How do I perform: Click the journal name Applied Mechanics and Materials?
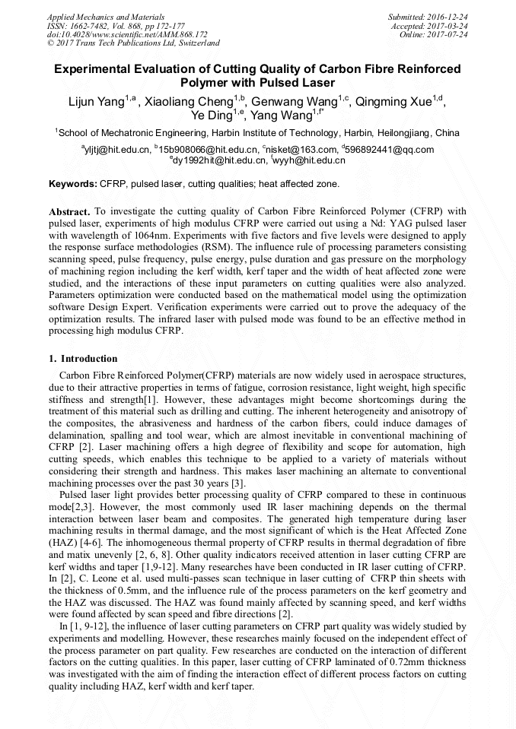[97, 16]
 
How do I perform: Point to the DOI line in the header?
[127, 34]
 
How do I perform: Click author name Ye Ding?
[210, 116]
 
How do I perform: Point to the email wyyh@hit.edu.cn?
[309, 160]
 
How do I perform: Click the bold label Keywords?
[73, 184]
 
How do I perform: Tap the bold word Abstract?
[70, 211]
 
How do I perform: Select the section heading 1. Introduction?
[83, 358]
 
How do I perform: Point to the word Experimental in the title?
[97, 69]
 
